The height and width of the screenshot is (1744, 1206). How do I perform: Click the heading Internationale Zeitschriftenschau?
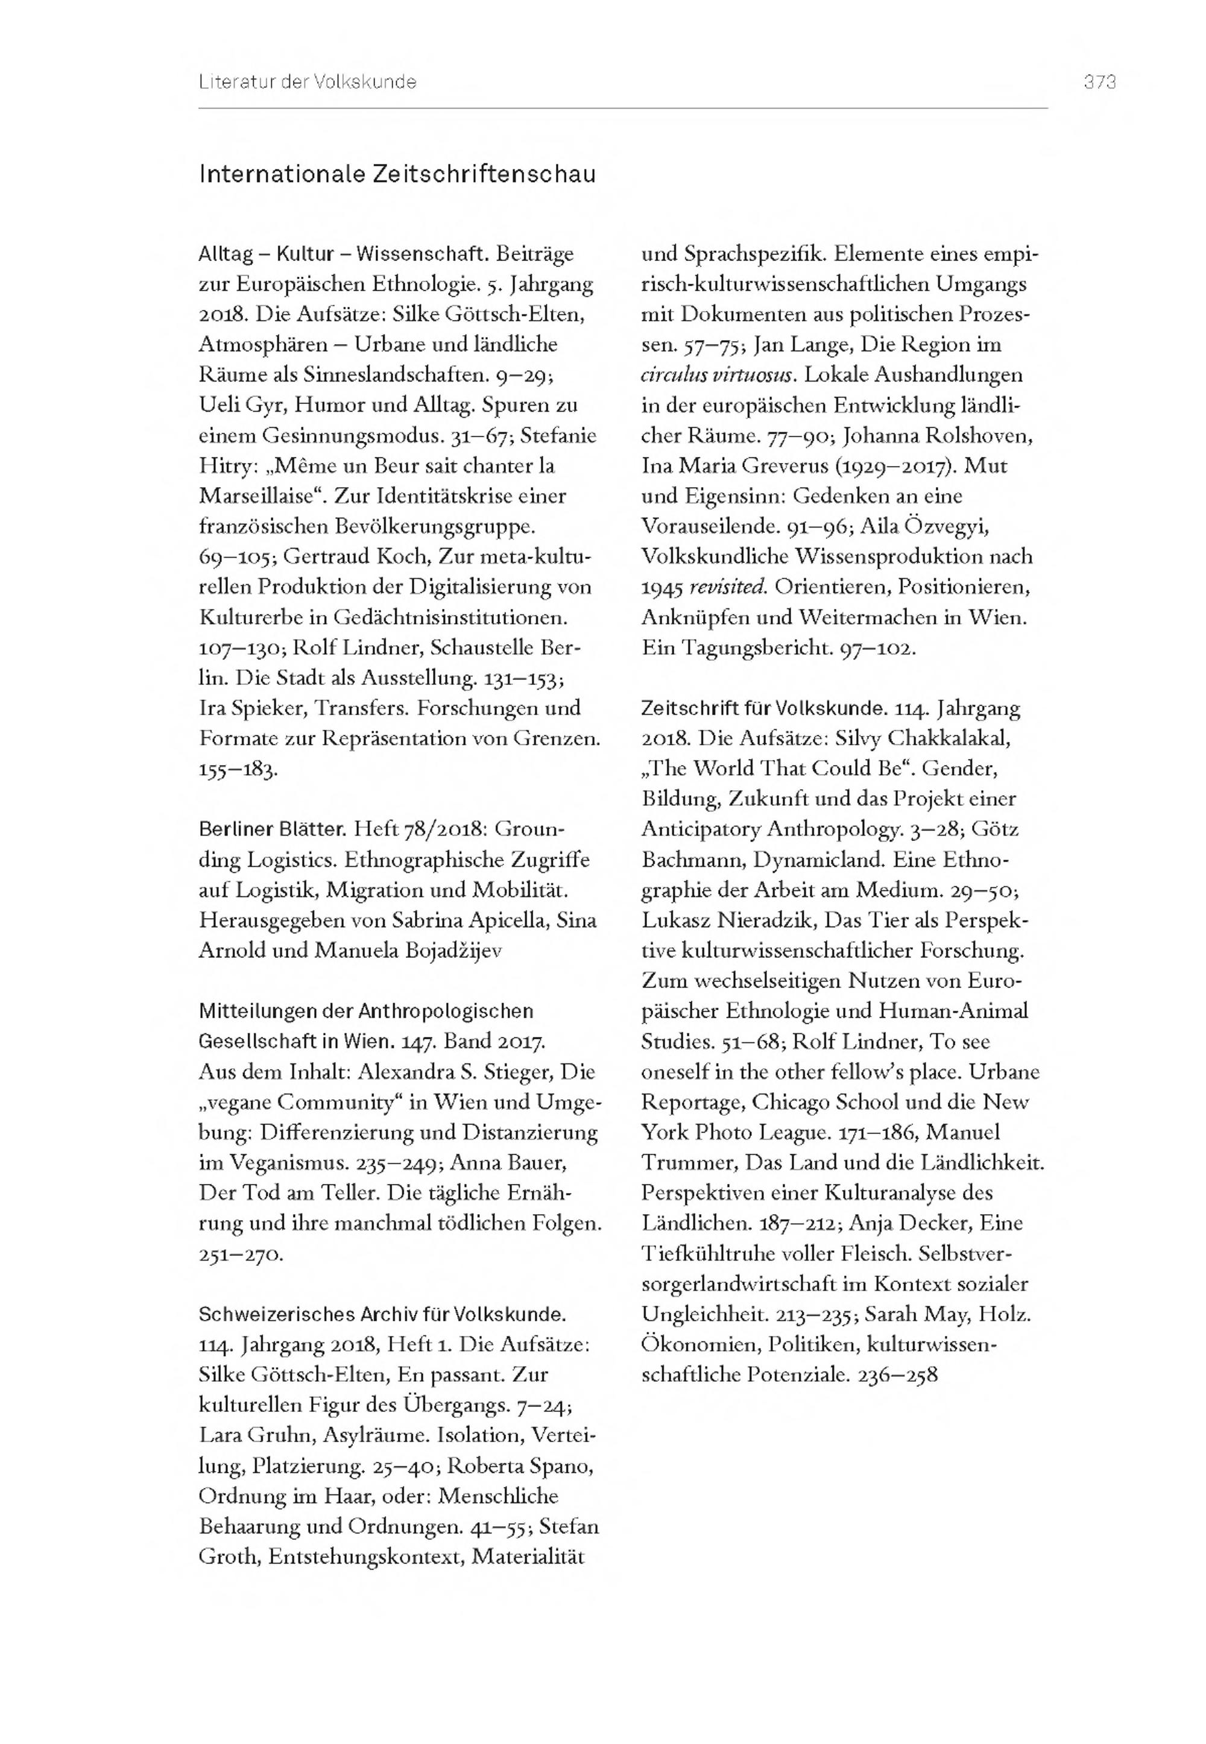tap(397, 174)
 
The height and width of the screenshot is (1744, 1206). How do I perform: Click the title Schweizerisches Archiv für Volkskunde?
tap(382, 1314)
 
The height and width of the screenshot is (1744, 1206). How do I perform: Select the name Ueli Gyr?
tap(241, 406)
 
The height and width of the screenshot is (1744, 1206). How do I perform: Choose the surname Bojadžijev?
tap(432, 950)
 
